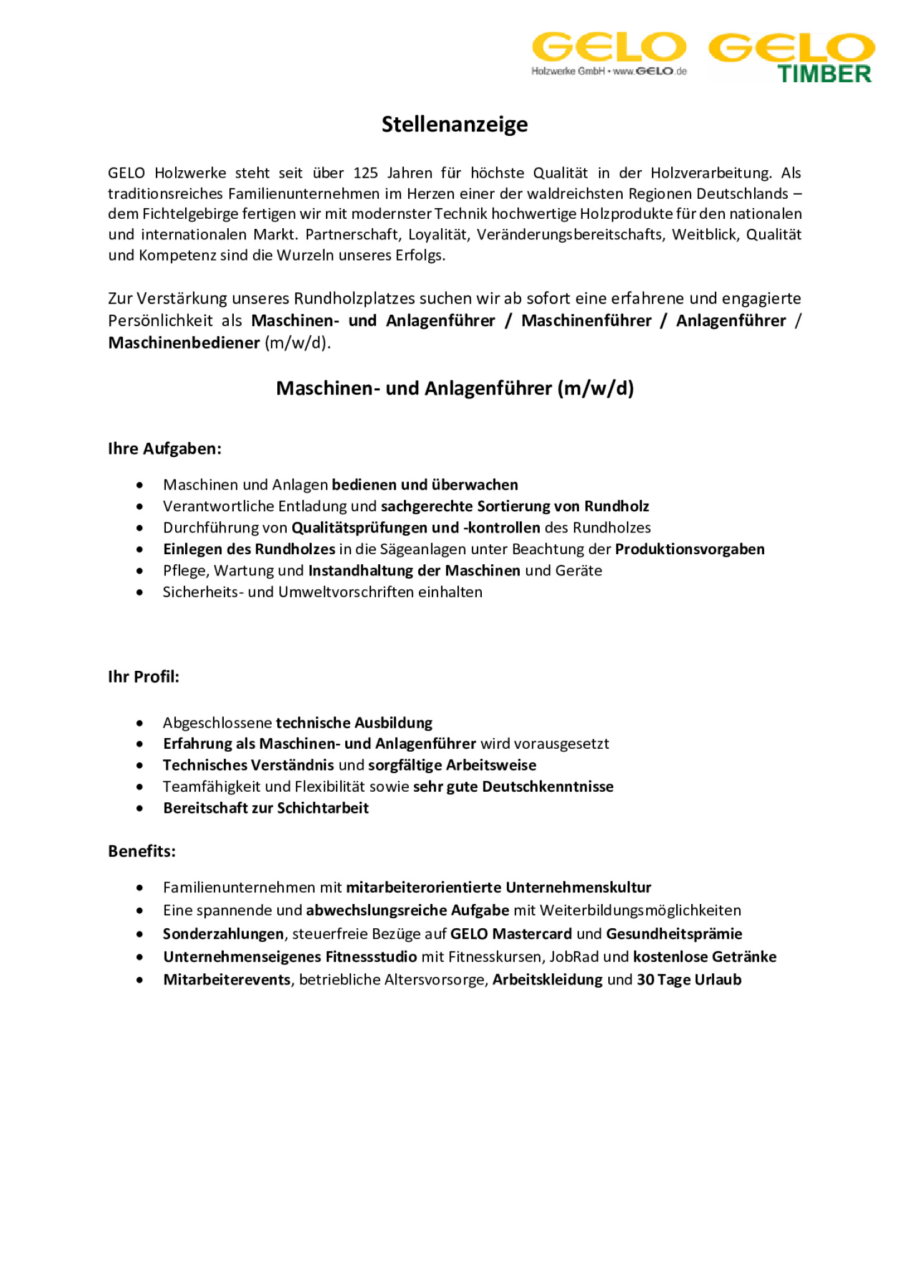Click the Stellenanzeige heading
pos(454,124)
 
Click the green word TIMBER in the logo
pos(824,74)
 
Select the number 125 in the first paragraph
pos(365,173)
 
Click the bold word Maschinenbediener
pos(184,343)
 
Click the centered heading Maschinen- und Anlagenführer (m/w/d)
pos(454,388)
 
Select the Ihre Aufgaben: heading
pos(165,449)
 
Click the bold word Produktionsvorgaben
pos(689,549)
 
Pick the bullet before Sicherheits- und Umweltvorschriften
pos(140,592)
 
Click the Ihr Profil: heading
pos(143,677)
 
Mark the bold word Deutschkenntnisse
pos(547,787)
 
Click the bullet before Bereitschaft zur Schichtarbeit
pos(140,809)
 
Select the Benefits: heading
pos(141,852)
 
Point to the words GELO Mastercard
pos(510,934)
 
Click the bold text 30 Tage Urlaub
pos(688,980)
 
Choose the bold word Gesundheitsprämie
pos(673,934)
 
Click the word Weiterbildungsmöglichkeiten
pos(640,911)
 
